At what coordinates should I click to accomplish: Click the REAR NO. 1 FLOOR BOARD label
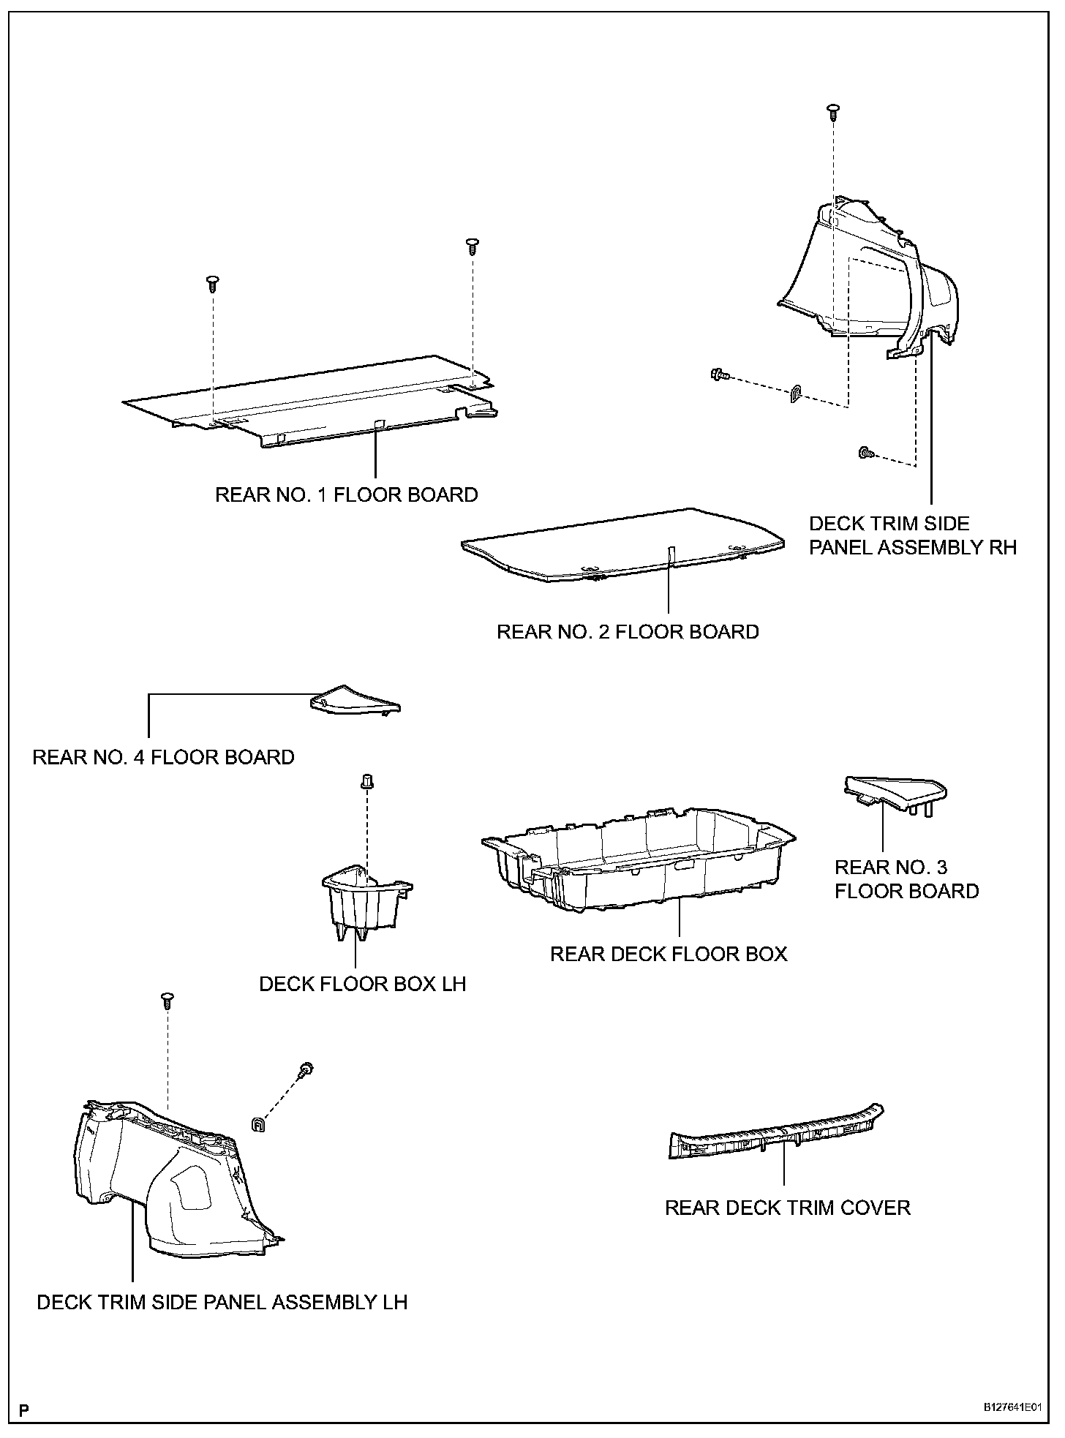(346, 495)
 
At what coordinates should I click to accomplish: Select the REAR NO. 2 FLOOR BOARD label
(628, 632)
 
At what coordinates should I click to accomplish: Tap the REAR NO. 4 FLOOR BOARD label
(163, 757)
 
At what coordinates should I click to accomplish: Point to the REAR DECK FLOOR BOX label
(669, 955)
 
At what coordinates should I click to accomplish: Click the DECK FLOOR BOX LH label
(362, 984)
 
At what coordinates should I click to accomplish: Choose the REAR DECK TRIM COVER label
(787, 1208)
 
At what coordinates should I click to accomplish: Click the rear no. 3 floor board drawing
(894, 791)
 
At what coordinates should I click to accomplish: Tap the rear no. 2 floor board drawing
(622, 543)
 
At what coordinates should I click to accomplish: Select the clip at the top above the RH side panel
(833, 111)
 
